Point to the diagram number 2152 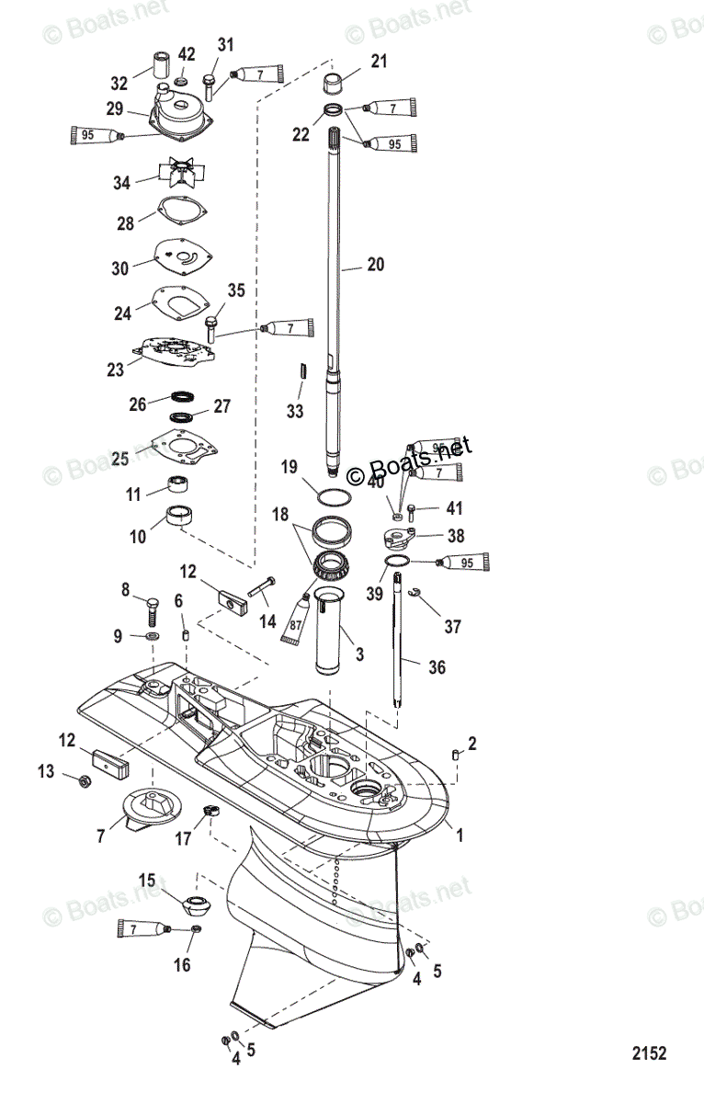coord(648,1052)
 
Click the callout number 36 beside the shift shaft coord(437,667)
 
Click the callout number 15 coord(148,881)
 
